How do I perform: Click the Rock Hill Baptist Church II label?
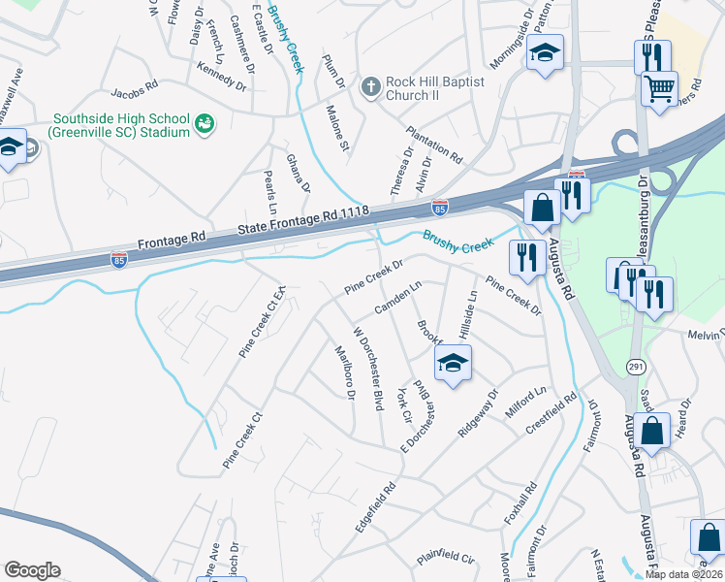coord(434,88)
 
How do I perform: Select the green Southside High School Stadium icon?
coord(205,123)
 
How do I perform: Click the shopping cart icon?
coord(659,89)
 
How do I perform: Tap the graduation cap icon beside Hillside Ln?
coord(453,362)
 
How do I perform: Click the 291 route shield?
coord(636,366)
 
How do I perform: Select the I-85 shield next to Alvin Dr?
coord(439,207)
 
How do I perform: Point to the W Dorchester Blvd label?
coord(368,368)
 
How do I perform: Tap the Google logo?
coord(33,570)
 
